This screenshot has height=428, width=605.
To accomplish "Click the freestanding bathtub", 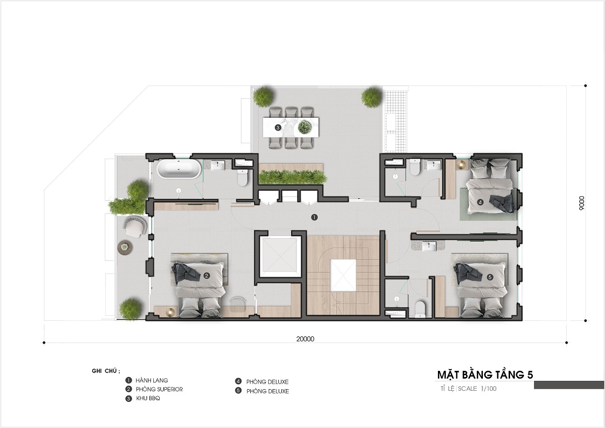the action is tap(179, 169).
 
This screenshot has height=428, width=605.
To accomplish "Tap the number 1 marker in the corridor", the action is tap(314, 217).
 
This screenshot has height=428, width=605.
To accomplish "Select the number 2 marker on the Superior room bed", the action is tap(206, 275).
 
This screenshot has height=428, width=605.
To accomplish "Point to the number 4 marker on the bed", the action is tap(480, 202).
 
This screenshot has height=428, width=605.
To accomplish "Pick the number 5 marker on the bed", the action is tap(490, 276).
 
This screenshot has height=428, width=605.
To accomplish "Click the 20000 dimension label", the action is tap(305, 339).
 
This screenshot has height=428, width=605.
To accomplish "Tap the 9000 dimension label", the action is tap(582, 203).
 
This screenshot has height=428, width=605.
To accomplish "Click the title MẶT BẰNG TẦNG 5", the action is tap(485, 374).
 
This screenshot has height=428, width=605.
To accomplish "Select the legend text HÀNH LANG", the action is tap(152, 380).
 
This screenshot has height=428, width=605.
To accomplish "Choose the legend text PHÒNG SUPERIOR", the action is tap(159, 389).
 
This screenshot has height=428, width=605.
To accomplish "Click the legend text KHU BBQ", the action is tap(148, 398).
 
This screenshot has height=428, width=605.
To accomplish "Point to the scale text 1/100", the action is tap(488, 389).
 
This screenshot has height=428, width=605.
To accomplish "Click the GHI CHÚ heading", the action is tap(105, 371).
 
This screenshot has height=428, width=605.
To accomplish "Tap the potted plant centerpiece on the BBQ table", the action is tap(305, 127).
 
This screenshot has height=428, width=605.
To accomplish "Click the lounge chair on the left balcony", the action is tap(134, 226).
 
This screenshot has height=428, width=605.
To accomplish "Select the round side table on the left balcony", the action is tap(125, 248).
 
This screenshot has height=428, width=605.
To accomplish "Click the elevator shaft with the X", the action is tap(280, 256).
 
